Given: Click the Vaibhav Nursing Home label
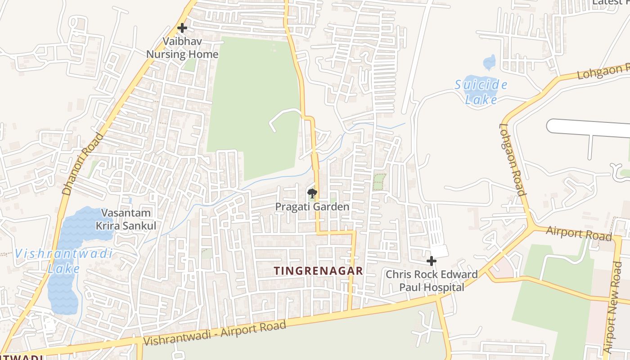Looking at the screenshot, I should tap(182, 48).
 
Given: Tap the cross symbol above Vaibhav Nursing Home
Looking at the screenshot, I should tap(182, 28).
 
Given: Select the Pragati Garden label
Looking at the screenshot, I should tap(312, 207).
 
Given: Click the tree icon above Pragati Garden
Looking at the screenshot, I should tap(312, 194).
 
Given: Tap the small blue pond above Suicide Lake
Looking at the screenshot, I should tap(489, 62).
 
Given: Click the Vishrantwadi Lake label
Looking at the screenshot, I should tap(63, 261).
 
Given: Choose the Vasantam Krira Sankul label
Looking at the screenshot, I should tap(126, 219).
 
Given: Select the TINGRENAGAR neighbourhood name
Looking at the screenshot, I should tap(319, 271).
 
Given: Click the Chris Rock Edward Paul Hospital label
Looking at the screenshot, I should tap(432, 281).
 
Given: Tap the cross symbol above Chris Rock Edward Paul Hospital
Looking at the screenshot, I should tap(432, 261).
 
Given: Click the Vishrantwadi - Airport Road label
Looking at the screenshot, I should tap(214, 334).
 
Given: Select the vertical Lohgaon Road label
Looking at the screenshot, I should tap(513, 160).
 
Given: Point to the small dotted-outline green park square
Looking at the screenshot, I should tap(379, 182).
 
